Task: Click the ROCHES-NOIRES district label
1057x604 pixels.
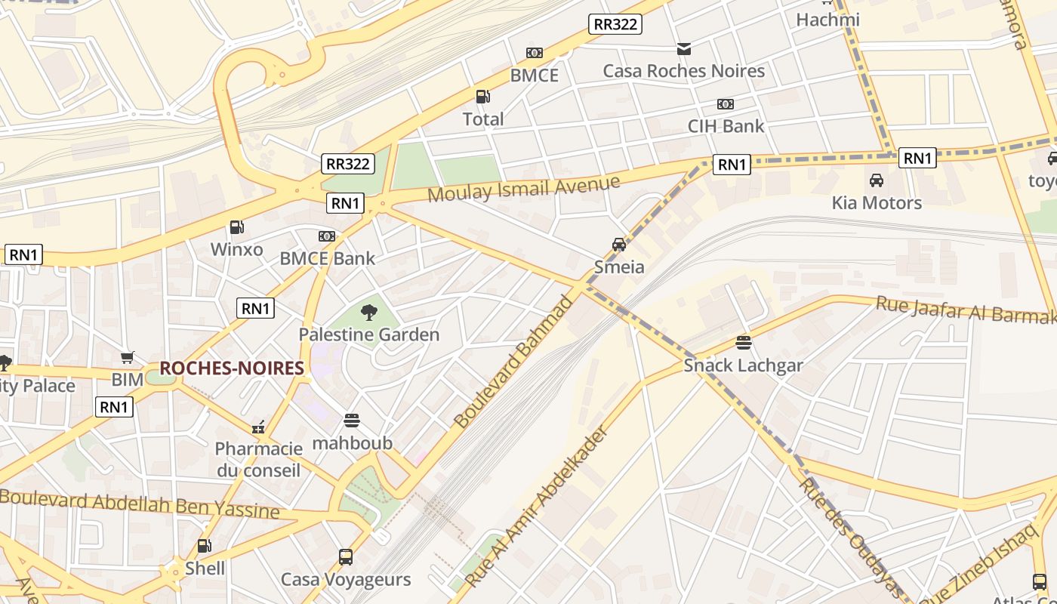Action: click(232, 368)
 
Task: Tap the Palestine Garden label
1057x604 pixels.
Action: click(368, 334)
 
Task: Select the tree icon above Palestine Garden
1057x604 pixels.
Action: click(368, 312)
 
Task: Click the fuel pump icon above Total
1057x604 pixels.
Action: click(482, 97)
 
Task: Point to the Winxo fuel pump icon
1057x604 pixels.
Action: click(236, 227)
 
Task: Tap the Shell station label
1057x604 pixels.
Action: click(205, 568)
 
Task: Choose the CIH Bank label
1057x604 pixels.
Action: click(726, 126)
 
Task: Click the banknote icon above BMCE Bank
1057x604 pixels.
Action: click(327, 236)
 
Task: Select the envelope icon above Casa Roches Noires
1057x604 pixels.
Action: click(683, 49)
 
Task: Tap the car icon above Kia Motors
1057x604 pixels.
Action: click(877, 180)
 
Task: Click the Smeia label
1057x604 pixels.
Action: click(619, 267)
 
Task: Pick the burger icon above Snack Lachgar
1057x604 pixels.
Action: click(744, 343)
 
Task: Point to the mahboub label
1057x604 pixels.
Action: click(352, 442)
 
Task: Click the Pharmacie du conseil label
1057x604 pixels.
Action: click(258, 459)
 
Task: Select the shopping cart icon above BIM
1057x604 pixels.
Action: click(127, 357)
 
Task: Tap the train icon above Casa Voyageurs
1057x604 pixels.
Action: click(346, 557)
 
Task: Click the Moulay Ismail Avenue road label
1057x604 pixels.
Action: click(523, 188)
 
